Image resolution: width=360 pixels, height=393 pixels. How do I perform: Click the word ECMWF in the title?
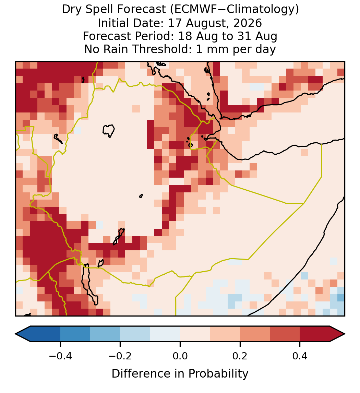(x=191, y=10)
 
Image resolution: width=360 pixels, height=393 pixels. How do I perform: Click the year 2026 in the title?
(x=248, y=23)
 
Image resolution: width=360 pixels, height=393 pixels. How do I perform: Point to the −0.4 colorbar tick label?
(x=60, y=356)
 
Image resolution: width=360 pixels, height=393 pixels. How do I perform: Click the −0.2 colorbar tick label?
(x=120, y=356)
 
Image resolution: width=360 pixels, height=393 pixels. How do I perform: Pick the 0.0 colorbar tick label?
(x=180, y=356)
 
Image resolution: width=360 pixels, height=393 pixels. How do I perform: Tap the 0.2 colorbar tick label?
(x=240, y=356)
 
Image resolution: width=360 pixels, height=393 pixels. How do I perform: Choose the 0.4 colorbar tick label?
(x=300, y=356)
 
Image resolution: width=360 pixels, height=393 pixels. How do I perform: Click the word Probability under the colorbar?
(x=218, y=374)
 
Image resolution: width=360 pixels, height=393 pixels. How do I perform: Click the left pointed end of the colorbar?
(x=15, y=334)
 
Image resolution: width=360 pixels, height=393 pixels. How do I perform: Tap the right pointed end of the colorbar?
(x=345, y=334)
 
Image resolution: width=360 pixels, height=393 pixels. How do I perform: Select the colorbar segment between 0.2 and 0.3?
(x=255, y=334)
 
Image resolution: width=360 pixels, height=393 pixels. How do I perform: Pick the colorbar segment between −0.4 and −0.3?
(x=75, y=334)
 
